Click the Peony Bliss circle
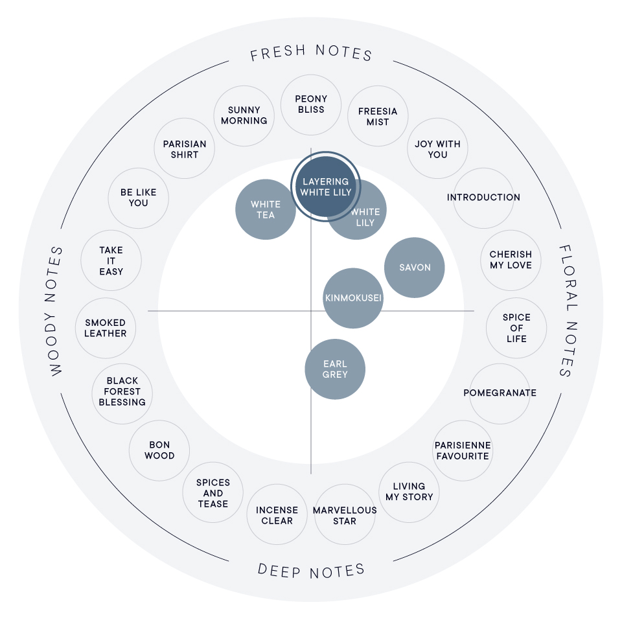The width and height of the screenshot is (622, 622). (x=311, y=104)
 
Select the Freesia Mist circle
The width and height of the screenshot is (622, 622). (x=378, y=117)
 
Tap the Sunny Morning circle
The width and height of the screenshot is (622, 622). (x=244, y=115)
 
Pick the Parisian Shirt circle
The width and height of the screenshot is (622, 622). (x=185, y=149)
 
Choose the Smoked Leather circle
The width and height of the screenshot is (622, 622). (x=106, y=328)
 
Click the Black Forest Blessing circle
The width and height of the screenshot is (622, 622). (x=122, y=391)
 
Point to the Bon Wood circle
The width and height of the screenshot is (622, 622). (x=159, y=450)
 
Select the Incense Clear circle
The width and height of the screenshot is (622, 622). (x=277, y=515)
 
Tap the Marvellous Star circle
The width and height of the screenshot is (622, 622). (x=345, y=515)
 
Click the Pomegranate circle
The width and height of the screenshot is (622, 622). (x=500, y=393)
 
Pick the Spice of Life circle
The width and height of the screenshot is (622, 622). (x=516, y=328)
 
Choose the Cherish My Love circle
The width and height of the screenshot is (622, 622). (x=511, y=260)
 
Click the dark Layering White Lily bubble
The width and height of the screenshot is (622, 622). (x=326, y=187)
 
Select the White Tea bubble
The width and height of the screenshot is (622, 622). (x=265, y=209)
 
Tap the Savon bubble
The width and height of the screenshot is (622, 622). (x=415, y=268)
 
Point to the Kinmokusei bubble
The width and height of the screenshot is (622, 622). (x=353, y=298)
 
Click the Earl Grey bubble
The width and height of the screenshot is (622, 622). (x=335, y=369)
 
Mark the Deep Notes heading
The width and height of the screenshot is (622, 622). (x=311, y=570)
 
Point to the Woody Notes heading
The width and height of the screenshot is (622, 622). (x=56, y=311)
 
